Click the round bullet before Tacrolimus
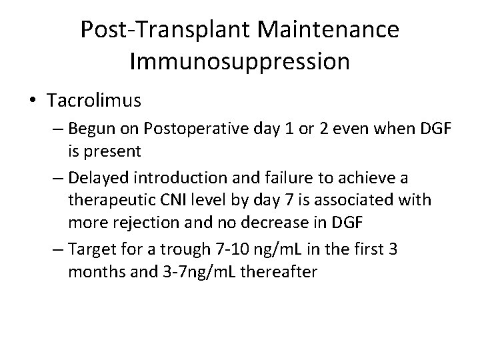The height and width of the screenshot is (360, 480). tap(33, 101)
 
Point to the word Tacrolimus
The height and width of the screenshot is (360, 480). tap(94, 101)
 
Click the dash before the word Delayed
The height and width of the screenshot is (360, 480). tap(56, 177)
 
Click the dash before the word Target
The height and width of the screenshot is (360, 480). tap(56, 248)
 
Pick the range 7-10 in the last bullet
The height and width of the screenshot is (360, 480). tap(232, 248)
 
